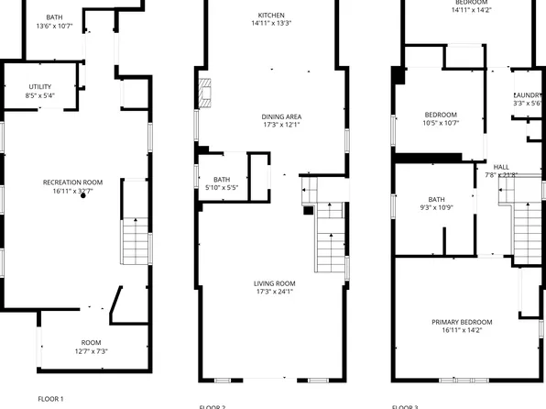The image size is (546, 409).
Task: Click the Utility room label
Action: click(40, 86)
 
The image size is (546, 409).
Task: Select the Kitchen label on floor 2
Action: click(271, 16)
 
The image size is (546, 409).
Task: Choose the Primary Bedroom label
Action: click(462, 322)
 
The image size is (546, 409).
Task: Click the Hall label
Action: click(500, 166)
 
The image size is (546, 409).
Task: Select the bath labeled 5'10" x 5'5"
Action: click(222, 180)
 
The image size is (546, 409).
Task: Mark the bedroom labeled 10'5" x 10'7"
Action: click(441, 115)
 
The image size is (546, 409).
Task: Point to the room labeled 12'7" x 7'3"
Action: click(91, 343)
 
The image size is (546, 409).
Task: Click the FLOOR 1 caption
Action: click(50, 399)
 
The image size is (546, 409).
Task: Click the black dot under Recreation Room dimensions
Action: click(82, 195)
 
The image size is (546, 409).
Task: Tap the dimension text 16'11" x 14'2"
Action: click(462, 331)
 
